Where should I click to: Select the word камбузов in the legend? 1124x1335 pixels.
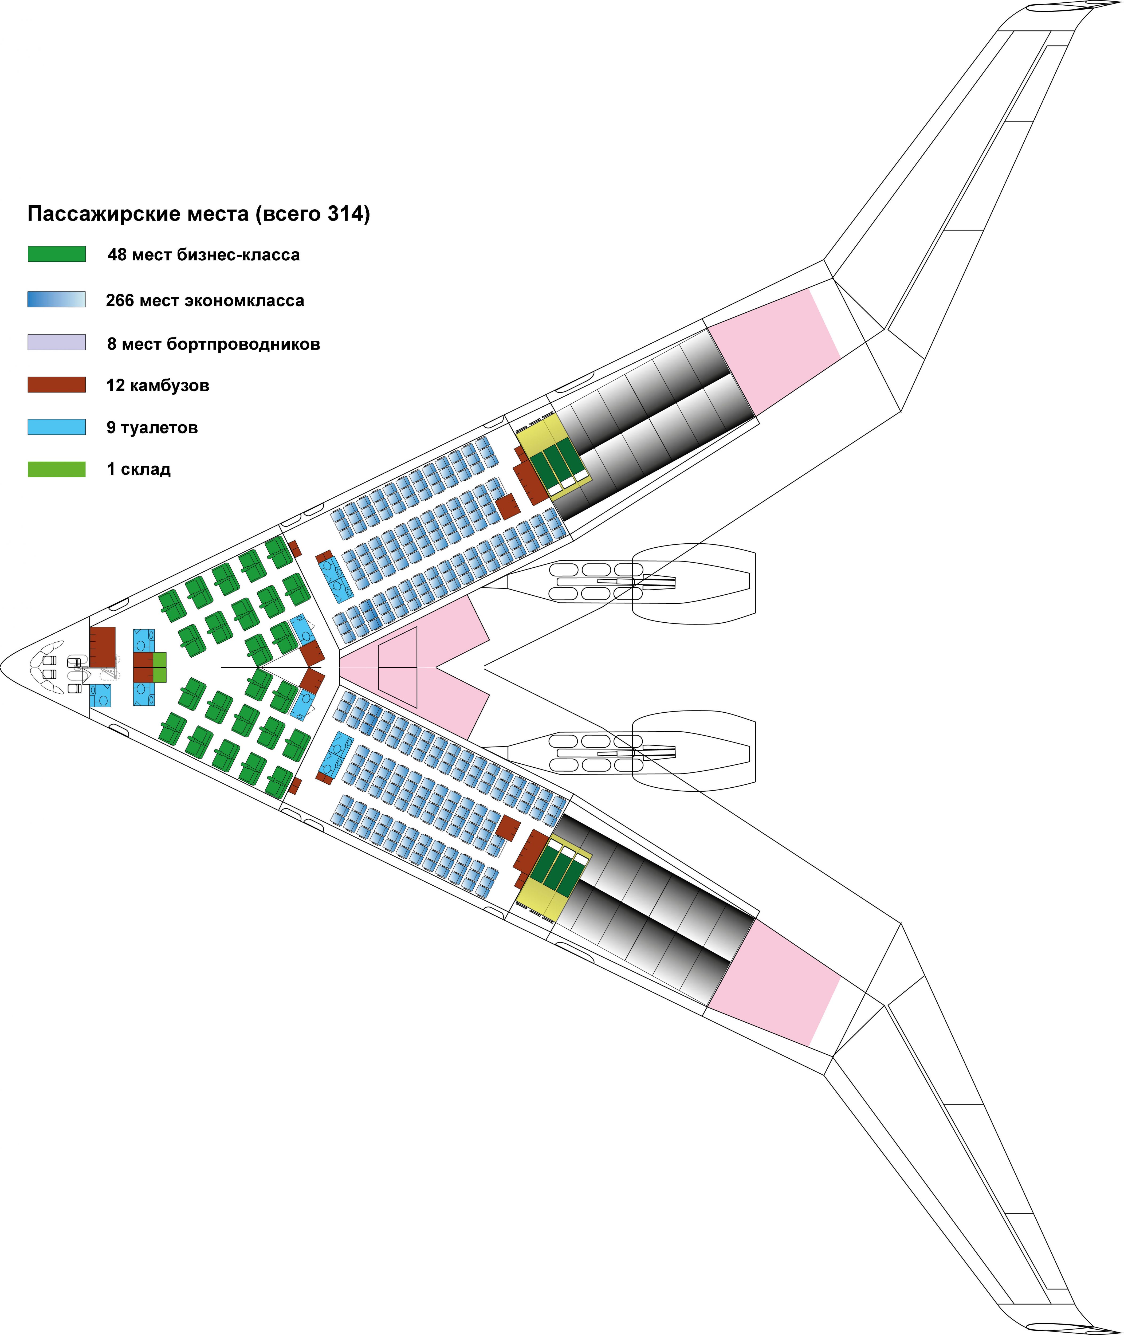[170, 386]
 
